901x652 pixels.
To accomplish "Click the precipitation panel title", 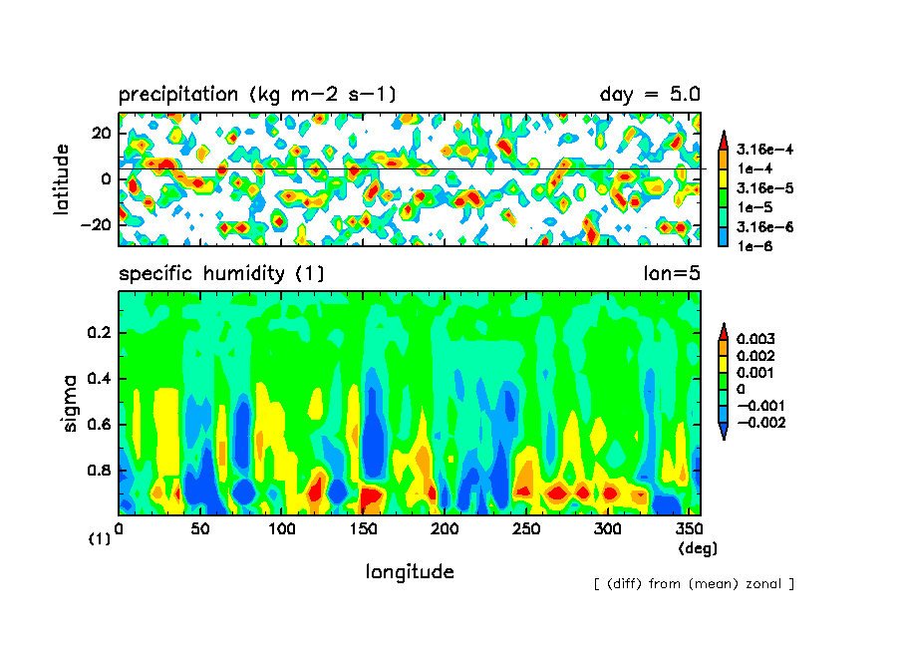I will coord(257,95).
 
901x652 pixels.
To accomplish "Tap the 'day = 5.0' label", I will coord(650,95).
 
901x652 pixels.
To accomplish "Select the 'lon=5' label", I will coord(672,273).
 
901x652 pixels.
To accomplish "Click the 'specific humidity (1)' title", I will coord(221,273).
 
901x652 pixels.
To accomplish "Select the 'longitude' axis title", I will coord(410,572).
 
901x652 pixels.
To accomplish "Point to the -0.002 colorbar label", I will coord(758,423).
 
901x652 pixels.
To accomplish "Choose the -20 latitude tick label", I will coord(98,225).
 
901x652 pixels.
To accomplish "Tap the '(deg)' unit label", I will coord(698,548).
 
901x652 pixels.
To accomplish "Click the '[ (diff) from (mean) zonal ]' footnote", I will coord(694,583).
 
